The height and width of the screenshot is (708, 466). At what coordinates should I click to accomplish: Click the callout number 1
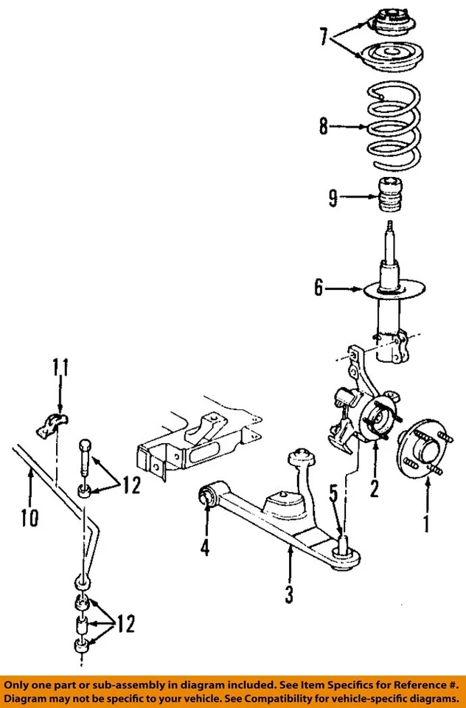tap(425, 524)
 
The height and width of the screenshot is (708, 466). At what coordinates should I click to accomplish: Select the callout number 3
tap(290, 593)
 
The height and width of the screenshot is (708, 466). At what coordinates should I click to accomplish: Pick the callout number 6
tap(319, 288)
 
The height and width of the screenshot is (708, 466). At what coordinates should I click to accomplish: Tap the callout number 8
tap(323, 127)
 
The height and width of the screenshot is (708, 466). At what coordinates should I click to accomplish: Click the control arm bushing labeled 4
tap(208, 495)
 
